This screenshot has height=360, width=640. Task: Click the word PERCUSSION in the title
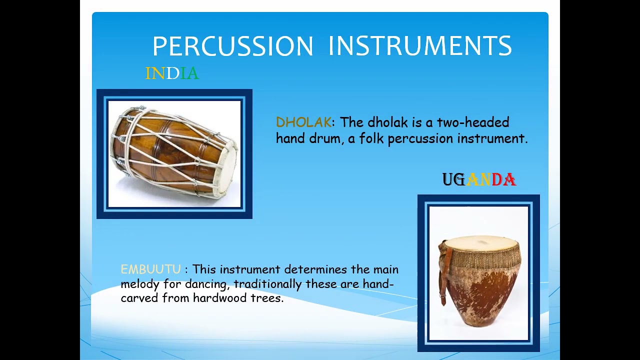click(232, 46)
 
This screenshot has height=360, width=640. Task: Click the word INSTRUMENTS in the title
click(420, 46)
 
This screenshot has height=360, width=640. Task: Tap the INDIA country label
click(172, 73)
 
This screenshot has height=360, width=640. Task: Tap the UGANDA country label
click(479, 180)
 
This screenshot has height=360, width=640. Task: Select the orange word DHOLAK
click(303, 122)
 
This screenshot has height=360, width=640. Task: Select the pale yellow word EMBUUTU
click(150, 269)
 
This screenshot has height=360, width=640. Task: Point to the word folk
click(371, 139)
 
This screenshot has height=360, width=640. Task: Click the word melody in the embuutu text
click(140, 284)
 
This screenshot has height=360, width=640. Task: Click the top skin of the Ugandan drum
click(480, 243)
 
